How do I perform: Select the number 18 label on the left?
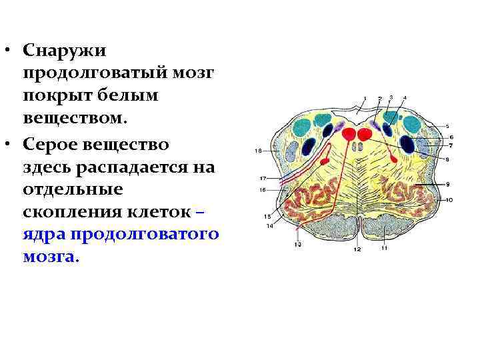coord(257,151)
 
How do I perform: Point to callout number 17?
coord(263,179)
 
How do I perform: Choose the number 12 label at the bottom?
coord(357,249)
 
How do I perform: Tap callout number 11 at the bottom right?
coord(385,249)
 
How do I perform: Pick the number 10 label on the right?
coord(449,200)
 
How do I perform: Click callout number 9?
coord(449,184)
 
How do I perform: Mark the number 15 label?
coord(267,216)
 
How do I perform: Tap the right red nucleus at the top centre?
coord(365,135)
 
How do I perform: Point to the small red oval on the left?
coord(325,161)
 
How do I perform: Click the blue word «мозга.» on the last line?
coord(50,257)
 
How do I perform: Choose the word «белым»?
coord(131,97)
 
